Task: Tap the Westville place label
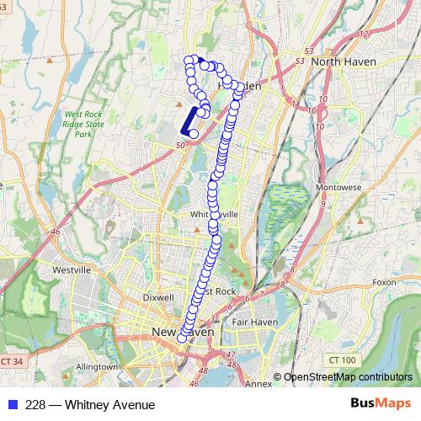click(72, 269)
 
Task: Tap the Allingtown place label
click(96, 368)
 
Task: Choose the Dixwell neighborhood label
click(158, 297)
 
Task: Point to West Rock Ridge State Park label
click(83, 124)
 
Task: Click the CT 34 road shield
click(10, 361)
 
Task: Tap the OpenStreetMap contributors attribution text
click(347, 377)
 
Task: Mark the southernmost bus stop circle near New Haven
click(182, 338)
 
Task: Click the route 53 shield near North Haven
click(301, 61)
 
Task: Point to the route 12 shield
click(364, 35)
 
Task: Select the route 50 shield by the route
click(179, 147)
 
